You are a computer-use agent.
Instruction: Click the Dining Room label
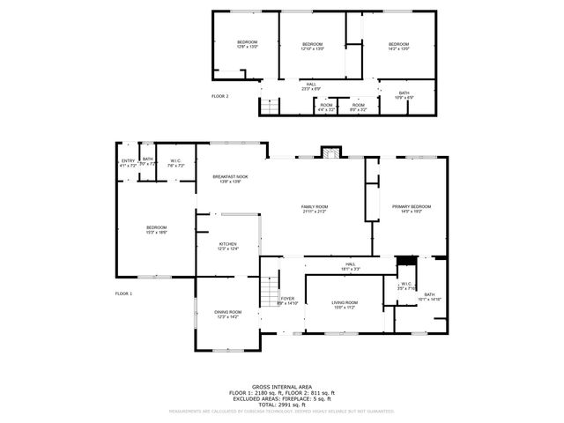pos(226,314)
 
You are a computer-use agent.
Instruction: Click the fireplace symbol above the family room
pos(330,152)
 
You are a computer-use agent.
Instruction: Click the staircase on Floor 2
pos(269,107)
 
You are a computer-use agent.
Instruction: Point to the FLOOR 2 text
pos(219,95)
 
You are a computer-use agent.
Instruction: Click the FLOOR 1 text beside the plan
pos(123,293)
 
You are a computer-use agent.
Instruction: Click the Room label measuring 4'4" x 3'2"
pos(327,108)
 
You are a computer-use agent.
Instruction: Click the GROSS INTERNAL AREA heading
pos(281,386)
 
